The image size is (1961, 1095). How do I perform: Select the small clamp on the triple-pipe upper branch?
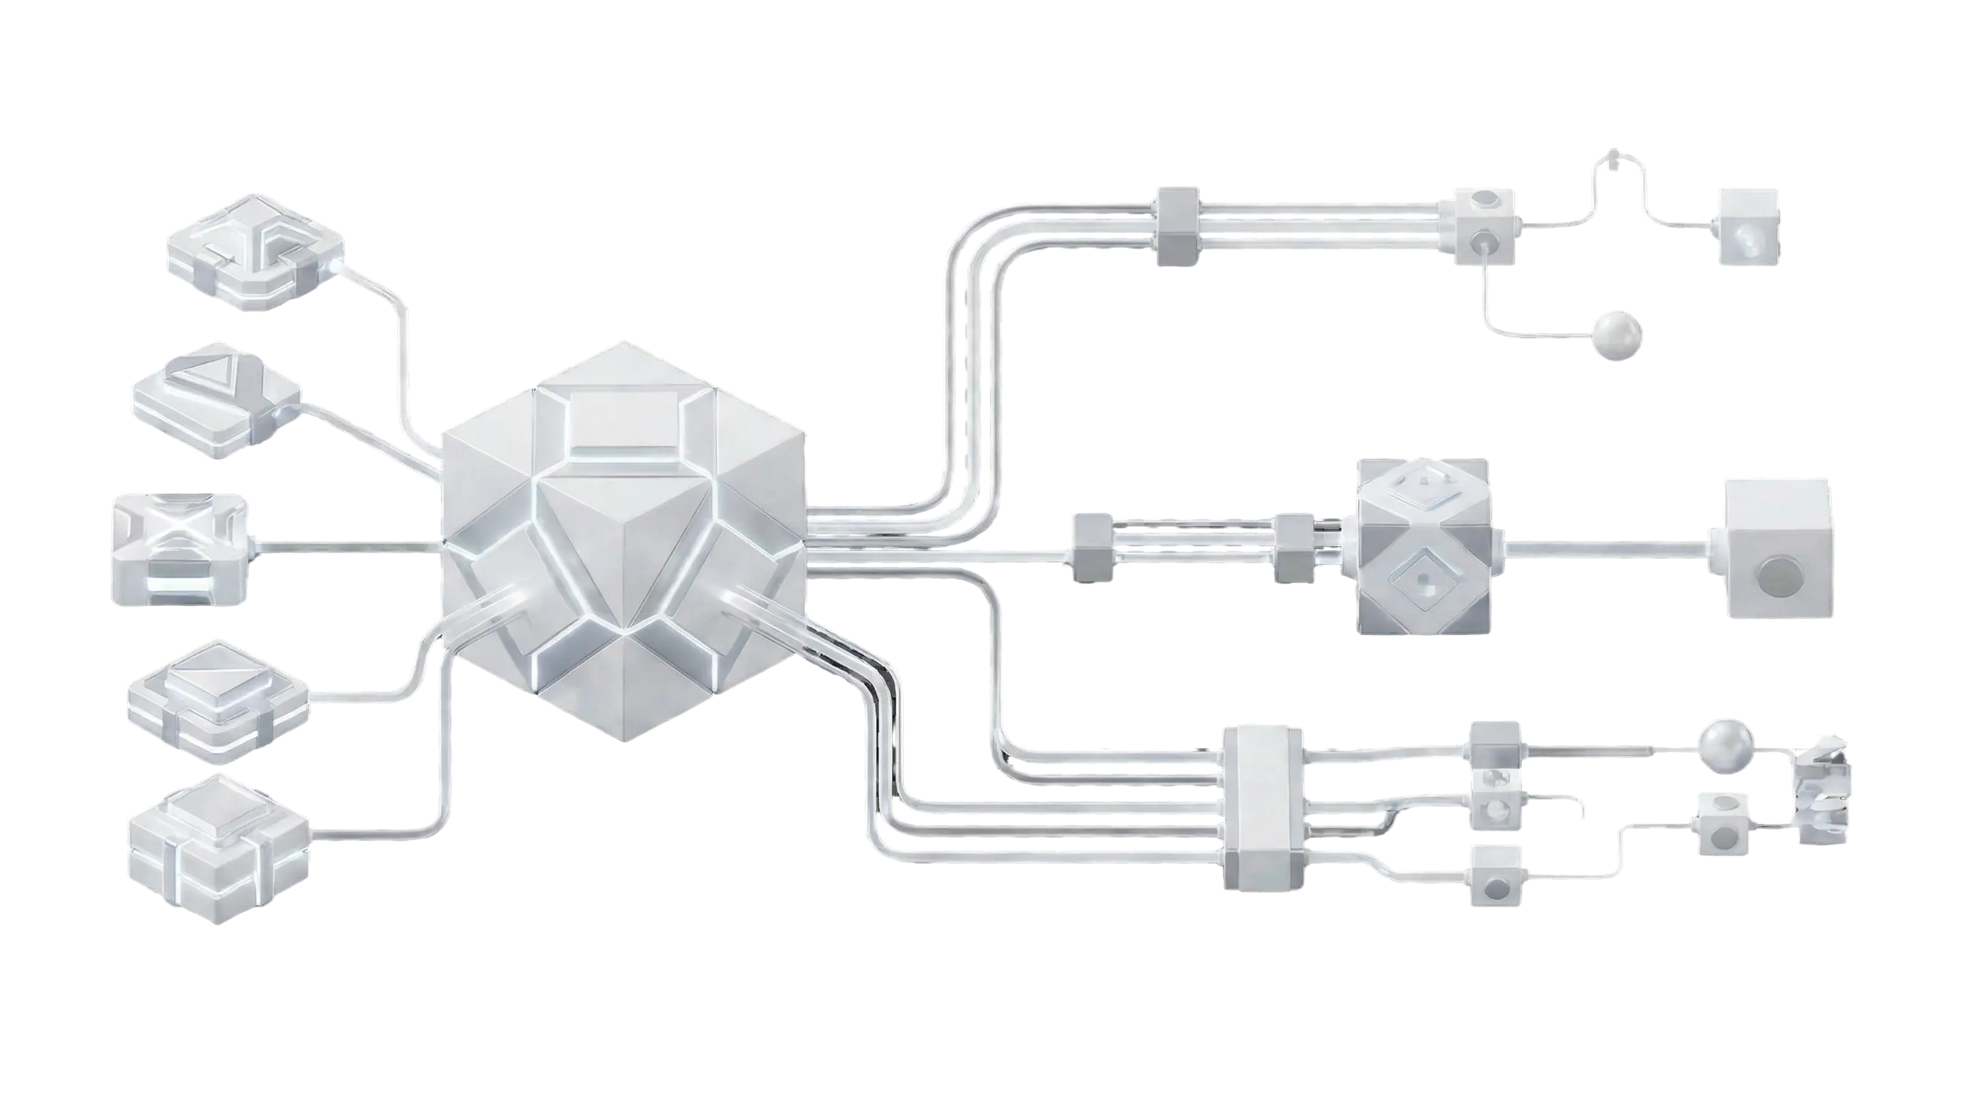click(1177, 225)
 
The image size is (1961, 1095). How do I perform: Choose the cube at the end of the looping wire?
click(1749, 225)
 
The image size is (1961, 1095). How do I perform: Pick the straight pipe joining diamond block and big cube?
click(1606, 545)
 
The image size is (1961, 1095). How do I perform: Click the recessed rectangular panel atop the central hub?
click(623, 421)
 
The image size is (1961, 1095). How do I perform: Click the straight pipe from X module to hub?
click(346, 545)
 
